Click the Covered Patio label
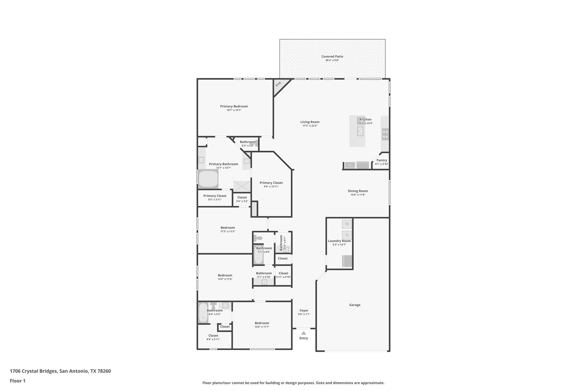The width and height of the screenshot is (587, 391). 332,56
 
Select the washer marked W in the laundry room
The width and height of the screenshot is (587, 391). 347,224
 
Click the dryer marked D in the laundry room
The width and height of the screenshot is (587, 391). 347,235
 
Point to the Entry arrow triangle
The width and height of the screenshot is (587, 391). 304,333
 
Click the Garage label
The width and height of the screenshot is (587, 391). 355,305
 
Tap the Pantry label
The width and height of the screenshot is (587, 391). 381,160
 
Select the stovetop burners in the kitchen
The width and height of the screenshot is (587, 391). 385,134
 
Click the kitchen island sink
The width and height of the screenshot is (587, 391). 360,131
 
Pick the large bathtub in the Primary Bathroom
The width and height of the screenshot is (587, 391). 208,179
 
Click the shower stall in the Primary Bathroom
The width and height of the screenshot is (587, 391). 242,186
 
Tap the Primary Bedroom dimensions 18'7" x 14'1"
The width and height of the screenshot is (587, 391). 234,110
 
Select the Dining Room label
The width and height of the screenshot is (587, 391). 358,191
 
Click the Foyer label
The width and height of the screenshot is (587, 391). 304,311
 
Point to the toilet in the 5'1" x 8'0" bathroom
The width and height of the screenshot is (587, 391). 258,238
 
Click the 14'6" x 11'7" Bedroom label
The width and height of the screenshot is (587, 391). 262,323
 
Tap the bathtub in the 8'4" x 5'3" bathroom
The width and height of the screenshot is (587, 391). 203,313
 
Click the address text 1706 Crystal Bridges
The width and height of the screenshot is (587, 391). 34,371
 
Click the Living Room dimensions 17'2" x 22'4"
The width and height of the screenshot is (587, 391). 310,126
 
